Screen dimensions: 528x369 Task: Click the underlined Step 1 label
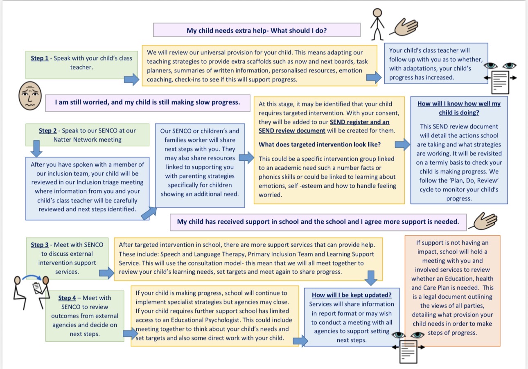[x=40, y=58]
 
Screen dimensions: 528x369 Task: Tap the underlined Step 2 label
[x=47, y=131]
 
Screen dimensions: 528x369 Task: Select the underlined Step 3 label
[x=40, y=245]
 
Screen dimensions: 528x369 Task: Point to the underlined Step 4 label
[x=67, y=298]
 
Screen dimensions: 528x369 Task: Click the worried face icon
[x=30, y=96]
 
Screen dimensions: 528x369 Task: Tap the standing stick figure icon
[x=377, y=24]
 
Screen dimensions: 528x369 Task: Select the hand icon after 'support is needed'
[x=484, y=221]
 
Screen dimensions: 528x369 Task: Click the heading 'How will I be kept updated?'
[x=352, y=295]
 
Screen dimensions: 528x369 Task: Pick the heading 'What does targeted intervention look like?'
[x=319, y=144]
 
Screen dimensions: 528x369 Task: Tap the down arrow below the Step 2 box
[x=36, y=148]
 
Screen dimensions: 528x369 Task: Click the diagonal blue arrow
[x=149, y=213]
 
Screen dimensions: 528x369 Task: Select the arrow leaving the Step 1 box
[x=131, y=79]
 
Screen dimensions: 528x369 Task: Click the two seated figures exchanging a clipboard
[x=32, y=292]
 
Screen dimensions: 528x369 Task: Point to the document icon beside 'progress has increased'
[x=500, y=83]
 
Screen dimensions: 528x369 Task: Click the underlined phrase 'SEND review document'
[x=292, y=131]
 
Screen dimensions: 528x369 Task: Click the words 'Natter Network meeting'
[x=87, y=140]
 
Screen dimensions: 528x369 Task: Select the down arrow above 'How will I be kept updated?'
[x=371, y=278]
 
